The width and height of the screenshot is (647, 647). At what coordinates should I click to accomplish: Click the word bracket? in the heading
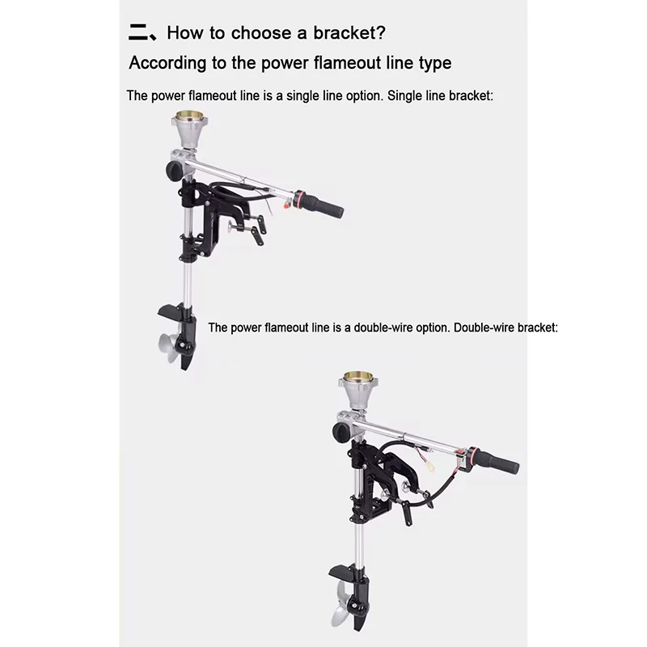(349, 32)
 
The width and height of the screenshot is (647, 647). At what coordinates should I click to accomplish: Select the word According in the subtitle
(167, 63)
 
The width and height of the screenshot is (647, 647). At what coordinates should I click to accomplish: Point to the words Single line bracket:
(440, 95)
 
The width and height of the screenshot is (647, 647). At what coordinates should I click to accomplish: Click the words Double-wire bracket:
(505, 328)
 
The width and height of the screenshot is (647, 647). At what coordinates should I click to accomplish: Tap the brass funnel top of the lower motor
(357, 377)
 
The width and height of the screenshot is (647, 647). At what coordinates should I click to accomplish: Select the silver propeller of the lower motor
(341, 605)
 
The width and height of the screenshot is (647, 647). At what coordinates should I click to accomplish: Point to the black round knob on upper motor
(174, 171)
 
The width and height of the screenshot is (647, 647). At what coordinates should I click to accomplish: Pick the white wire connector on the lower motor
(430, 467)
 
